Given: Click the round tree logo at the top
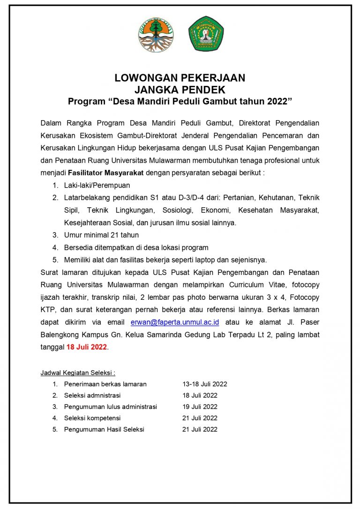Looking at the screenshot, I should click(x=156, y=34).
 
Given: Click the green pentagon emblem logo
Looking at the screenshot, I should click(x=206, y=34).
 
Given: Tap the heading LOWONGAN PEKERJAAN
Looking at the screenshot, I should click(x=180, y=78).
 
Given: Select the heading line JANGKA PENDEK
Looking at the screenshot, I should click(x=180, y=90).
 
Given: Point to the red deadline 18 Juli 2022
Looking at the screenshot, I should click(x=87, y=347).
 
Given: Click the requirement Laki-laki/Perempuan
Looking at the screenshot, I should click(x=97, y=185).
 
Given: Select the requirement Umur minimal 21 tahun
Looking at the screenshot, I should click(x=101, y=235).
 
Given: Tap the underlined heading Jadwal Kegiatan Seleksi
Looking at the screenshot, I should click(x=78, y=372).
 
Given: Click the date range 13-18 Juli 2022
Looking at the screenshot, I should click(x=205, y=384).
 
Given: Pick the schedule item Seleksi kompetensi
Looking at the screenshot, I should click(x=92, y=418).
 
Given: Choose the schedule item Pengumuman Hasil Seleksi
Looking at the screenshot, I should click(x=104, y=429).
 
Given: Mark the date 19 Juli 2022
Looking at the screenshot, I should click(x=200, y=407).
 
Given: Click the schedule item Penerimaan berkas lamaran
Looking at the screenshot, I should click(x=105, y=384).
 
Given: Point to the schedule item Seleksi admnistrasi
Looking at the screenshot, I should click(x=92, y=395).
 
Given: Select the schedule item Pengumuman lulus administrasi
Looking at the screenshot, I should click(x=111, y=407).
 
